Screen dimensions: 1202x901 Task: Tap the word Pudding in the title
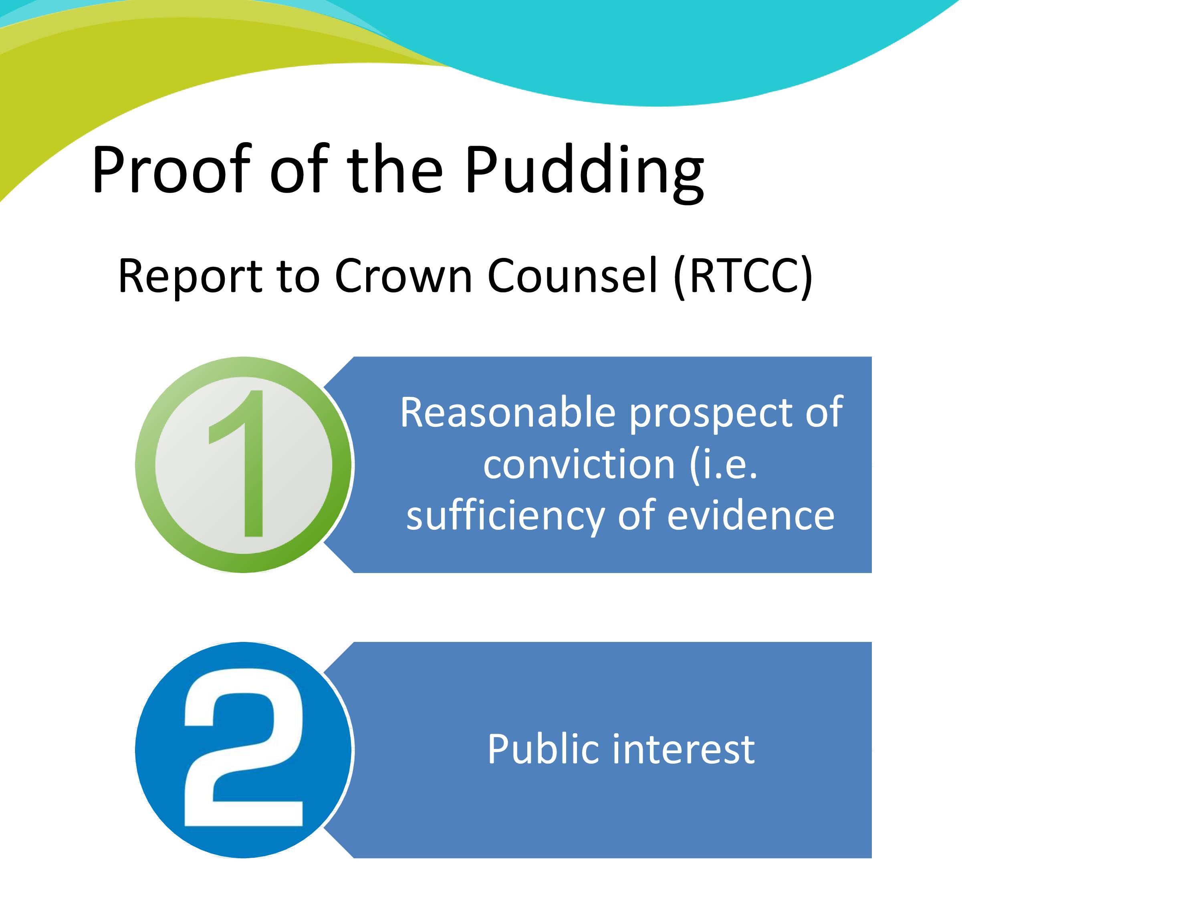584,173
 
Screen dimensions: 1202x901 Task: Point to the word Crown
403,276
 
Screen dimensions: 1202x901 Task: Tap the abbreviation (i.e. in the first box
724,465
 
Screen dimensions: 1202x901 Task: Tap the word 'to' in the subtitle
298,277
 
